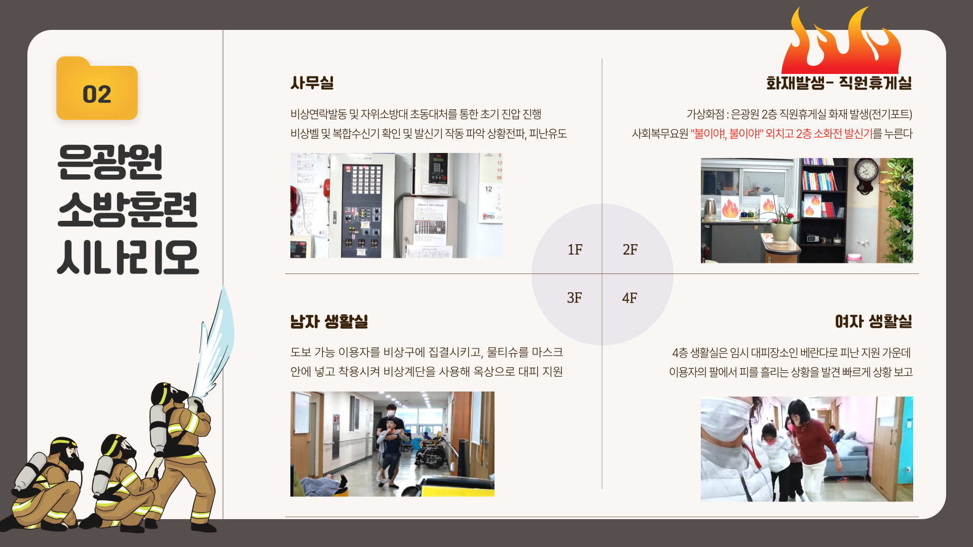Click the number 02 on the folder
[97, 95]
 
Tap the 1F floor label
[575, 250]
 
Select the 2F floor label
[630, 250]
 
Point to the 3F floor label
[574, 298]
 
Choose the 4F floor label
[629, 298]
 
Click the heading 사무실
[312, 83]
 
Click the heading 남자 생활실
[329, 321]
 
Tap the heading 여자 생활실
[874, 321]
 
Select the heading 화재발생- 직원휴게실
[839, 83]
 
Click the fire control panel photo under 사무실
[396, 206]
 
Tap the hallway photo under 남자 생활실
[392, 444]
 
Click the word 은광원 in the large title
[110, 162]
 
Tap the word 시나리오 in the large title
[128, 257]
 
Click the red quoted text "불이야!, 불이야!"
[727, 134]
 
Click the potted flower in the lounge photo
[781, 223]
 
